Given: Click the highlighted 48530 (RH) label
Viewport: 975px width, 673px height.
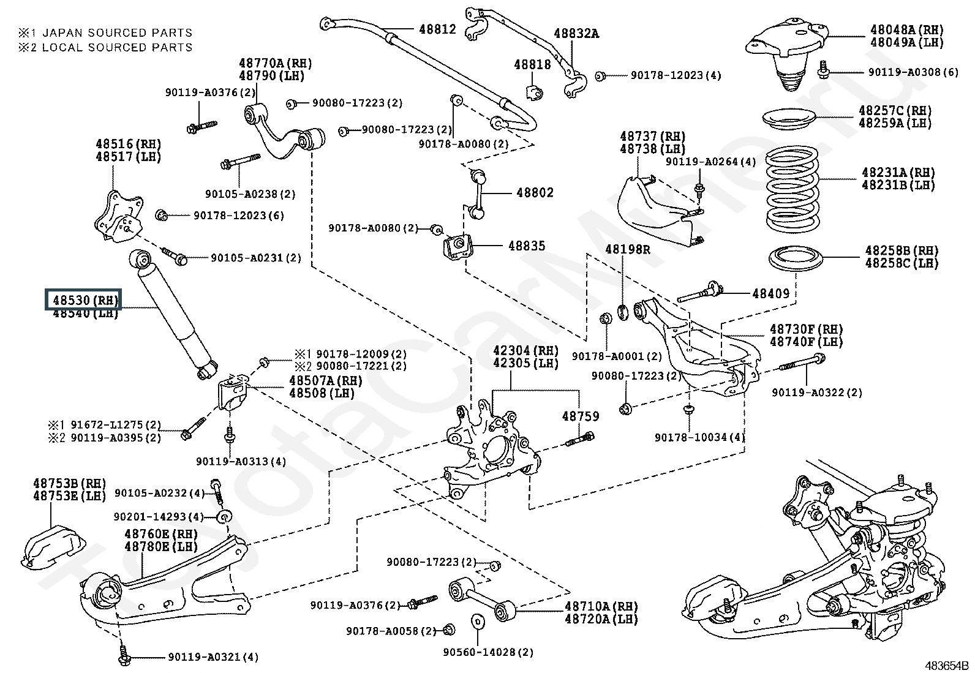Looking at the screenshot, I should pyautogui.click(x=83, y=300).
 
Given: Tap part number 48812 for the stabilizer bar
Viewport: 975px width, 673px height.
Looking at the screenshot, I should pyautogui.click(x=437, y=29).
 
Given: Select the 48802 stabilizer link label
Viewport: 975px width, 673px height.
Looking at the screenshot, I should pyautogui.click(x=534, y=192).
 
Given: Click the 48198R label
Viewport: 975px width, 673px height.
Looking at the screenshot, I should pyautogui.click(x=628, y=249).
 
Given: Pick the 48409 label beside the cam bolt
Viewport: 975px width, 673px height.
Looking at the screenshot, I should pyautogui.click(x=770, y=293).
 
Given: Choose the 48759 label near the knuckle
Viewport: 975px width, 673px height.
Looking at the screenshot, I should pyautogui.click(x=581, y=416).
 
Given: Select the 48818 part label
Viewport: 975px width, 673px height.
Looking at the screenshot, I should pyautogui.click(x=532, y=64).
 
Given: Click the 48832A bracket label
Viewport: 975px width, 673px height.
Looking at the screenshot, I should pyautogui.click(x=576, y=34).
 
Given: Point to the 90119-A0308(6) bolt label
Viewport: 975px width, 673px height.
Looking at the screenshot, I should pyautogui.click(x=913, y=72).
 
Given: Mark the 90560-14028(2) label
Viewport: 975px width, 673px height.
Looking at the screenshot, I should pyautogui.click(x=488, y=652).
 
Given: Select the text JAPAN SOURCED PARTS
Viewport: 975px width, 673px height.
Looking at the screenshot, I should pyautogui.click(x=113, y=32).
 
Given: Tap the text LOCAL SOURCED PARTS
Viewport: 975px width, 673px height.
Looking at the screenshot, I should pyautogui.click(x=113, y=47).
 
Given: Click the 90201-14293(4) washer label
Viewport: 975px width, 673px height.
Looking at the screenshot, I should pyautogui.click(x=159, y=516).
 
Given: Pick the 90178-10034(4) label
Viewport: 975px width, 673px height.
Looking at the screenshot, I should pyautogui.click(x=699, y=437).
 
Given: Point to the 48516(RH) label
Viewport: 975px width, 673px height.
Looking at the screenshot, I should pyautogui.click(x=128, y=145).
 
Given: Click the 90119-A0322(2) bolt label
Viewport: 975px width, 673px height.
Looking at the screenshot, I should pyautogui.click(x=816, y=392).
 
